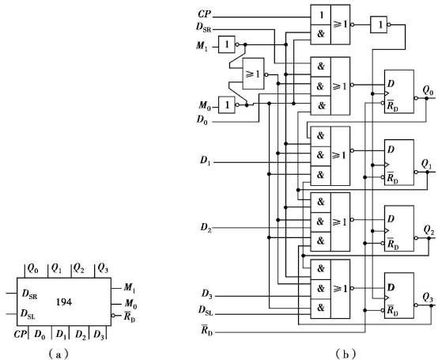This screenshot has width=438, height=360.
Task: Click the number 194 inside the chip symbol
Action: click(64, 302)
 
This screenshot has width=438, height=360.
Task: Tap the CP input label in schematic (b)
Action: click(205, 14)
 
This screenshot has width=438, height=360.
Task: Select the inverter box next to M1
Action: click(227, 44)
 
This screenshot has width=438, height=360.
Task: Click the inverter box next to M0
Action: click(227, 104)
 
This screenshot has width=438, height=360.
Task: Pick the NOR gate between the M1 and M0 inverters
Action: click(253, 74)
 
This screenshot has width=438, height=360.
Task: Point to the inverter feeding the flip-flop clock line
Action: click(379, 25)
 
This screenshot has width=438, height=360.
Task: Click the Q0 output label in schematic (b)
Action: click(429, 91)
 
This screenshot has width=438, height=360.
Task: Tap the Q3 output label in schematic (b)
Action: click(428, 298)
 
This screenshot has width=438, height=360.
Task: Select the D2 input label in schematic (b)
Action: click(206, 228)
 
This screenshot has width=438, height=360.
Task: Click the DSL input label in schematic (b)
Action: click(206, 310)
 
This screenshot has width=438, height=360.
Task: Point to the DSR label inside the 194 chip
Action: click(29, 294)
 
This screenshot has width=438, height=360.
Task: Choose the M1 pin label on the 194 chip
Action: click(130, 288)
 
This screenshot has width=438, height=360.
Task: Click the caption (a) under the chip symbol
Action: click(58, 354)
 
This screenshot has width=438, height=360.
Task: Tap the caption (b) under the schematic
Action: click(346, 354)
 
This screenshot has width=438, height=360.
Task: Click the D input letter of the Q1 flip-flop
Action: click(391, 150)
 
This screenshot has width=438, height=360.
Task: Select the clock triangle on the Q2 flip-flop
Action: click(386, 230)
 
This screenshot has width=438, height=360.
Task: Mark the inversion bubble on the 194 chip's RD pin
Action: click(113, 316)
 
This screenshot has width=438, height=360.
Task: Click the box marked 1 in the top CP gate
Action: click(321, 14)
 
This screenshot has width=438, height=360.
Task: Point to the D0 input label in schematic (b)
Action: click(202, 120)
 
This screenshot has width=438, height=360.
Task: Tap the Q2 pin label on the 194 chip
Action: click(78, 268)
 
